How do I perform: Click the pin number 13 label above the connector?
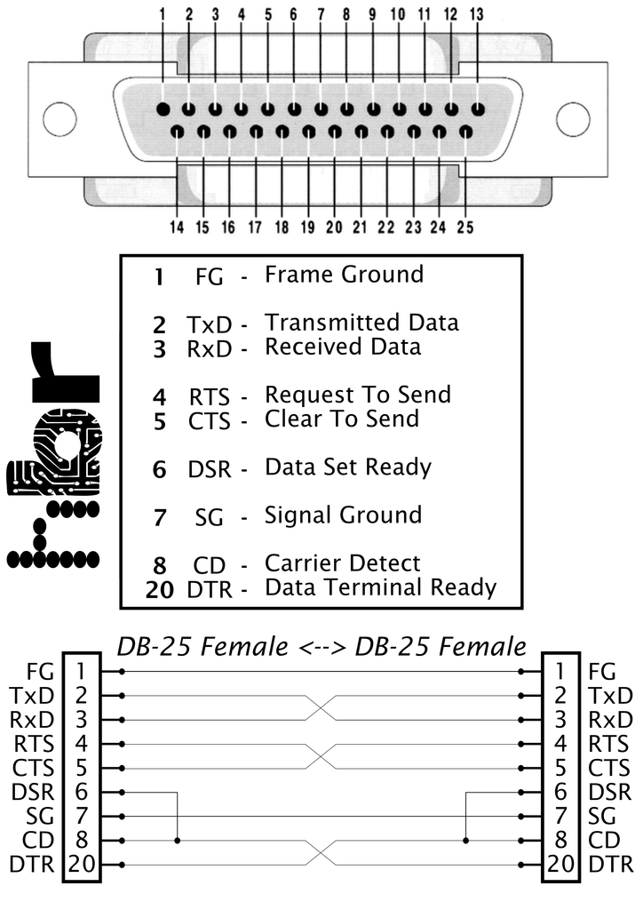tap(477, 14)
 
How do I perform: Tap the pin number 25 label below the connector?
tap(465, 227)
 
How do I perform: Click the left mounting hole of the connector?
tap(60, 118)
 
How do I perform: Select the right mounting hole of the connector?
tap(573, 118)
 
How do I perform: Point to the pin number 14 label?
tap(177, 227)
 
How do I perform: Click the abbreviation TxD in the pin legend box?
tap(209, 324)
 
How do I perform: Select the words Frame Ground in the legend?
tap(345, 275)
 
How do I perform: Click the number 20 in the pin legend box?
tap(160, 590)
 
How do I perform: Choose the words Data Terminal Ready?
tap(381, 587)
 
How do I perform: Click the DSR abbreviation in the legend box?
tap(210, 469)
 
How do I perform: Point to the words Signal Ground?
tap(343, 515)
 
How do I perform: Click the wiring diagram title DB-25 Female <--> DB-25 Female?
tap(321, 646)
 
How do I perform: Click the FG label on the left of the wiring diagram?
tap(41, 672)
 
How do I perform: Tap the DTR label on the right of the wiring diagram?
tap(610, 865)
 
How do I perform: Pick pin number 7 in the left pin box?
tap(81, 816)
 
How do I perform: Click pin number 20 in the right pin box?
tap(560, 864)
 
